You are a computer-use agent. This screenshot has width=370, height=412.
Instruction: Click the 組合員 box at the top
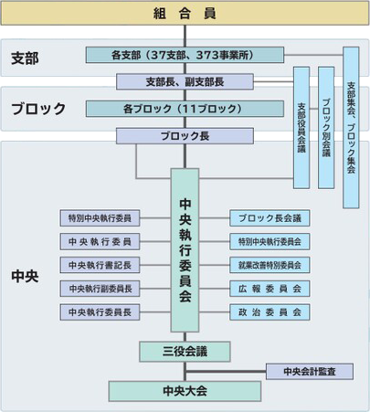click(x=185, y=13)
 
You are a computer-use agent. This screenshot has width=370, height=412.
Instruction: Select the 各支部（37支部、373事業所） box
click(x=185, y=56)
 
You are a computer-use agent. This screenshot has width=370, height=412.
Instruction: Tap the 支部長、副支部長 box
click(x=185, y=81)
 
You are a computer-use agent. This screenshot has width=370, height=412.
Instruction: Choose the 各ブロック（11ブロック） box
click(x=185, y=109)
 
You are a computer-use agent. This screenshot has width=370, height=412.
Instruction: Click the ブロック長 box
click(x=185, y=136)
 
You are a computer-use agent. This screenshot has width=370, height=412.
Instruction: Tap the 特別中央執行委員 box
click(x=100, y=218)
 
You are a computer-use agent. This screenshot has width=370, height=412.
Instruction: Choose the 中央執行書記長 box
click(x=100, y=265)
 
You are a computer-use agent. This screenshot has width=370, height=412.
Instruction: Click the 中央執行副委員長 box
click(x=100, y=289)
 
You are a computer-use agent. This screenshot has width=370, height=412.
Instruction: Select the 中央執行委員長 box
click(x=100, y=312)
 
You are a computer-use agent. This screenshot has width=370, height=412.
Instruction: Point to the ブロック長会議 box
click(x=270, y=218)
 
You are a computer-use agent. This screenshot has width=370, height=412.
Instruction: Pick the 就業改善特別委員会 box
click(x=270, y=265)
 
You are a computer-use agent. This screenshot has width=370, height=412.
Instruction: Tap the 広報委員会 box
click(x=270, y=289)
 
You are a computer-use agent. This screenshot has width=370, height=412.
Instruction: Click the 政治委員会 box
click(x=270, y=312)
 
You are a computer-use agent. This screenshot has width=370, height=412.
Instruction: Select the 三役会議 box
click(x=185, y=350)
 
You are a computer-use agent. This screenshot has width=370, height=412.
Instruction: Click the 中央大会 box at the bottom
click(x=185, y=391)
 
